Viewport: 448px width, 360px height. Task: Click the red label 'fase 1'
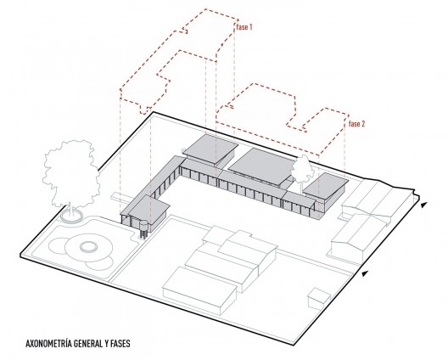[x=244, y=27]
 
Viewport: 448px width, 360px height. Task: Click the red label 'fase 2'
[x=357, y=124]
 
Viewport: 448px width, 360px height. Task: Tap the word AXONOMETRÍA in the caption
[x=48, y=343]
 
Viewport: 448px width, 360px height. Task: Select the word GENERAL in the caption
[x=87, y=343]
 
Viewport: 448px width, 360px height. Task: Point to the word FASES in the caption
[x=119, y=343]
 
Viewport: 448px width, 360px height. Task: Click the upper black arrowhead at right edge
[x=424, y=205]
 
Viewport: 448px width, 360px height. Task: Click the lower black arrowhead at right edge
[x=365, y=273]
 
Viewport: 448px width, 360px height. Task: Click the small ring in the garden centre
[x=88, y=246]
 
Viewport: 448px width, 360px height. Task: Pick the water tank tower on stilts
[x=143, y=228]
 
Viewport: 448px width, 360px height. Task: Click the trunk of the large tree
[x=70, y=211]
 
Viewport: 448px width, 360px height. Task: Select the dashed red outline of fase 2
[x=282, y=120]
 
